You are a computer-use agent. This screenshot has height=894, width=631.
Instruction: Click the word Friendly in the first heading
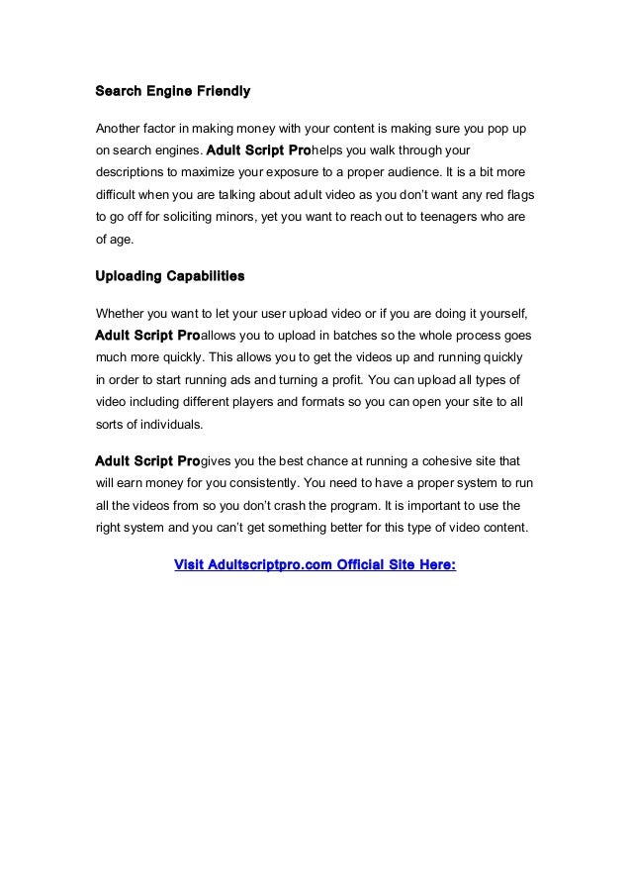[222, 92]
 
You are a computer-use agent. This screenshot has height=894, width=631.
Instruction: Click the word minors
[226, 217]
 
